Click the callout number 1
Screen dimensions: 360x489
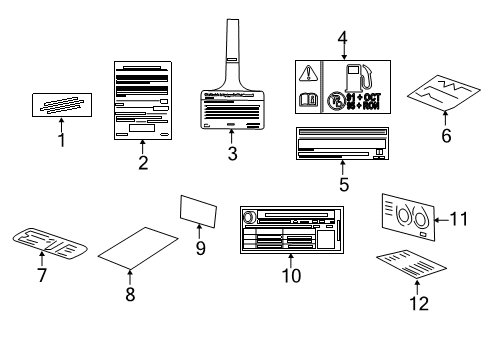(61, 140)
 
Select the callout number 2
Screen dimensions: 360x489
(144, 163)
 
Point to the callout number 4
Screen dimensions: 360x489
(342, 40)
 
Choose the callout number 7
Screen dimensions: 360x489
(42, 275)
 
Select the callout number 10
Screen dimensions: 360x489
(290, 276)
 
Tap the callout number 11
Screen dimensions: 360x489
(458, 217)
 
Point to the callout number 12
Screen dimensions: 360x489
(420, 301)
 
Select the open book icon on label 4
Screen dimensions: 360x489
(311, 101)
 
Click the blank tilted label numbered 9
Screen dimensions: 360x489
(198, 210)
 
